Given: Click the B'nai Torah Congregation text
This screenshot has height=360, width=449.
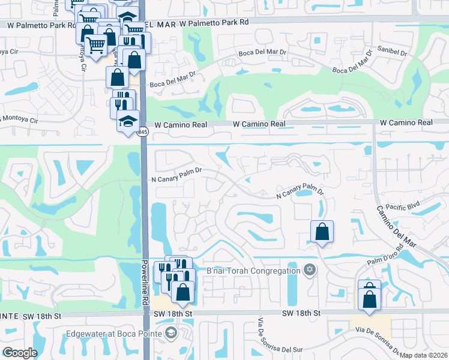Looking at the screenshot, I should tap(253, 270).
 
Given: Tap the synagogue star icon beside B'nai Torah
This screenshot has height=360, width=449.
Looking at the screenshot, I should tap(309, 269).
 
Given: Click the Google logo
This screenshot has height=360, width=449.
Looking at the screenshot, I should tap(20, 353).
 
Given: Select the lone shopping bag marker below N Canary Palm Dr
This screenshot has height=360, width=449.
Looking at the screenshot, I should tap(322, 231).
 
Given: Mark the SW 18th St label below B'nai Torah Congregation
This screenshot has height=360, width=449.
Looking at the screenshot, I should tap(303, 313).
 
